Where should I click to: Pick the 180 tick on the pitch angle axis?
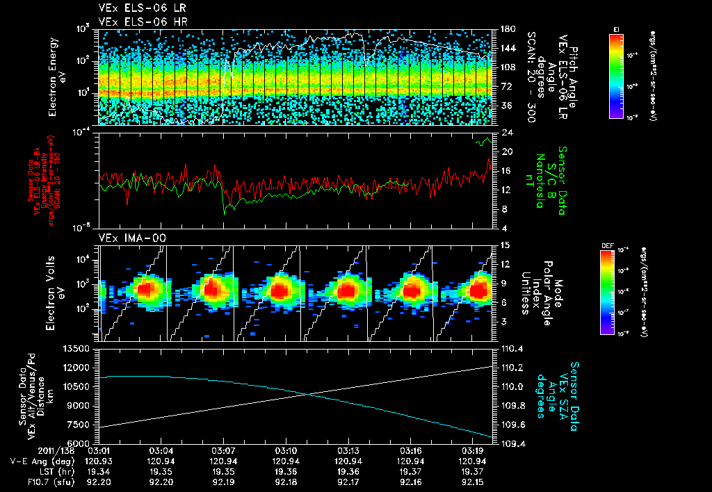506,29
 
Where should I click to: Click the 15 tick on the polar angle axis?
505,245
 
